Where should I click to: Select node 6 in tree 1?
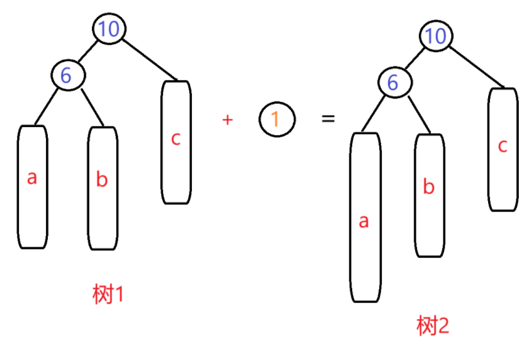pyautogui.click(x=67, y=75)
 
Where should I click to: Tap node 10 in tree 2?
pyautogui.click(x=435, y=36)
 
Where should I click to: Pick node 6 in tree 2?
pyautogui.click(x=394, y=82)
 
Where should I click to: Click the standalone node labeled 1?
pyautogui.click(x=277, y=119)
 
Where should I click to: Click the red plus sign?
pyautogui.click(x=228, y=120)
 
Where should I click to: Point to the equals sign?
pyautogui.click(x=328, y=118)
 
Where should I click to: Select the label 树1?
pyautogui.click(x=108, y=294)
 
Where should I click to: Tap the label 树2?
pyautogui.click(x=433, y=326)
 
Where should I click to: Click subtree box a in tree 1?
pyautogui.click(x=32, y=187)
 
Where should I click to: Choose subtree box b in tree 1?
pyautogui.click(x=103, y=189)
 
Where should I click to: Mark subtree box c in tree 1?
pyautogui.click(x=176, y=142)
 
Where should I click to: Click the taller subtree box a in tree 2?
pyautogui.click(x=365, y=217)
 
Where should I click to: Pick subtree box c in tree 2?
pyautogui.click(x=503, y=149)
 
